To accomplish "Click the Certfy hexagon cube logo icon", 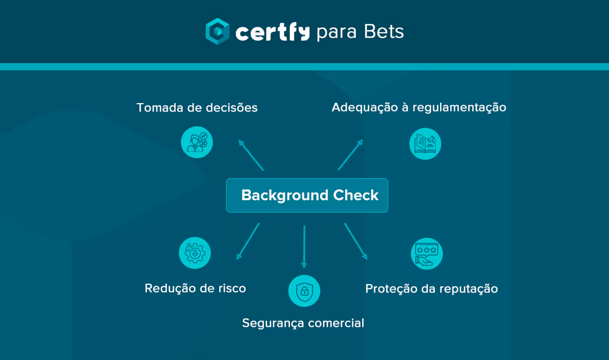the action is (x=217, y=31).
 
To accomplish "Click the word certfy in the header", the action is (x=272, y=32).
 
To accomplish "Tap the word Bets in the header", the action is (x=384, y=32).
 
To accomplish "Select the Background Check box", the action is (x=307, y=195).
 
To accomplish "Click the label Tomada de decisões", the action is (x=197, y=107).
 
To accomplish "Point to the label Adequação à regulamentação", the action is (x=419, y=107).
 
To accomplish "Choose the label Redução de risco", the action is (x=195, y=288).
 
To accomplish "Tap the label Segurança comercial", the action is (x=303, y=323).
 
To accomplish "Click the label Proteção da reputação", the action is (x=431, y=288).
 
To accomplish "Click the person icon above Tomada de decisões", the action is (x=197, y=142).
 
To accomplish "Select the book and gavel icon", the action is (x=425, y=144).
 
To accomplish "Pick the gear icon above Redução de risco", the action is (x=195, y=253).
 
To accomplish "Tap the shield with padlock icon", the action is (x=304, y=291).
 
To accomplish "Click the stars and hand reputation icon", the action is (x=426, y=254).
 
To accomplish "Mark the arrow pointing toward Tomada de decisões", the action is (x=251, y=155).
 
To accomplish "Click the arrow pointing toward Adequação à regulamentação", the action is (x=350, y=155).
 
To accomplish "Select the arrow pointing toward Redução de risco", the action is (x=248, y=241).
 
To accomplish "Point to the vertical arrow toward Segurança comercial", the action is (x=304, y=247).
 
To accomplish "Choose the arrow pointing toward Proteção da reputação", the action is (x=355, y=241).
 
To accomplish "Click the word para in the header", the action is (x=336, y=32).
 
